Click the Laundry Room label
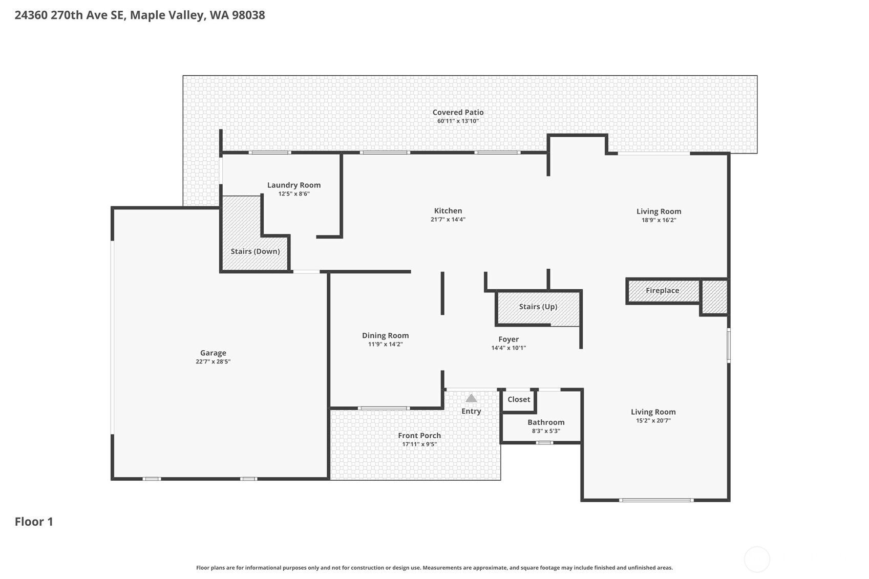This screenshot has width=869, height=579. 293,185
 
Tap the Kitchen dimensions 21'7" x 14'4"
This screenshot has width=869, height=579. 448,220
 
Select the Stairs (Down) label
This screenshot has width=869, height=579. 255,251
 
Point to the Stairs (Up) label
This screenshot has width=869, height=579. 538,307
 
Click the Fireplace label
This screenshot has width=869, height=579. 662,290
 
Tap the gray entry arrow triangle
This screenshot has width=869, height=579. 471,398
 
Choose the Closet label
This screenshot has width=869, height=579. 519,399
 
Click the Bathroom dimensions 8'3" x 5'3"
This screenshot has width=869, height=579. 546,431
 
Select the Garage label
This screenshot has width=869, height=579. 213,353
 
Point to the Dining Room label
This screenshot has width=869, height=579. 385,335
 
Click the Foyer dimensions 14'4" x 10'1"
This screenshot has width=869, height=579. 508,348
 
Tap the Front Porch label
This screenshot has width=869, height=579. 419,436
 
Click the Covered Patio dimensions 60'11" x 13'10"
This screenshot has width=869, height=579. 458,121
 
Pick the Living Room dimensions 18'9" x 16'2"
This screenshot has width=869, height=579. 659,220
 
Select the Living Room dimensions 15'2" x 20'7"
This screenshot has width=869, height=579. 653,420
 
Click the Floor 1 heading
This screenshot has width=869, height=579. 34,522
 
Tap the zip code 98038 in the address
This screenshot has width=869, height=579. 248,15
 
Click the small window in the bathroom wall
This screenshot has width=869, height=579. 545,442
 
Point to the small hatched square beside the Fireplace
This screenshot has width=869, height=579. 714,297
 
